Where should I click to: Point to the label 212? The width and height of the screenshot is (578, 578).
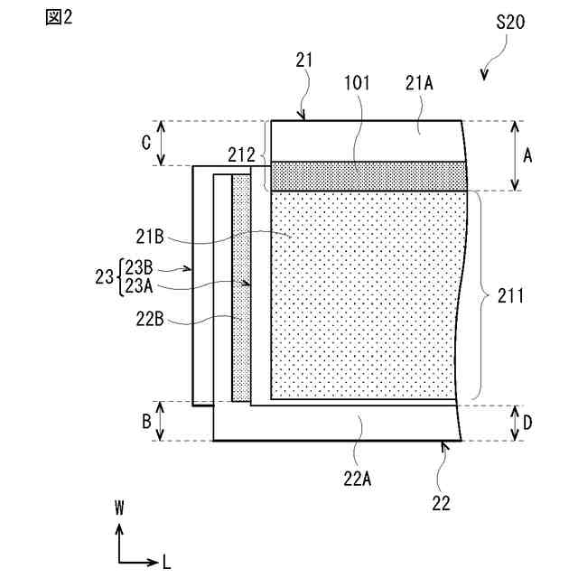[x=241, y=154]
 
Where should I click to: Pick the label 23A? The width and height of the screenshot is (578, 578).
[x=139, y=284]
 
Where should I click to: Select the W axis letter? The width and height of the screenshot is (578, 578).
[x=118, y=508]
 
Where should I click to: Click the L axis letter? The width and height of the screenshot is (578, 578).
[x=166, y=562]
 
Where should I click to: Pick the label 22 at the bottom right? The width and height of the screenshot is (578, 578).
[x=440, y=502]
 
